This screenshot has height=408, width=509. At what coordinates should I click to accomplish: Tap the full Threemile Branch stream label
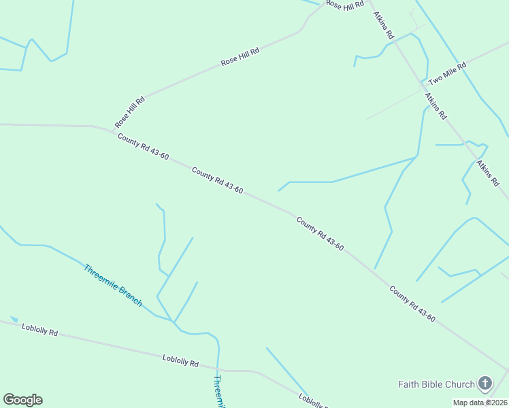click(x=113, y=285)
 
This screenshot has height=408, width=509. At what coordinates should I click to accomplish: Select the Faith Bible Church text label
click(x=436, y=384)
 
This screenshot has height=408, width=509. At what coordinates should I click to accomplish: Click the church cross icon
click(x=485, y=384)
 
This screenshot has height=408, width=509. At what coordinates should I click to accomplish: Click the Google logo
click(x=22, y=400)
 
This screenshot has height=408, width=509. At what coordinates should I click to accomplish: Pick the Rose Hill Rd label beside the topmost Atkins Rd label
click(x=345, y=5)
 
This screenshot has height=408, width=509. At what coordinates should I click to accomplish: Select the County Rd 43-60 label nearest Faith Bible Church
click(x=412, y=303)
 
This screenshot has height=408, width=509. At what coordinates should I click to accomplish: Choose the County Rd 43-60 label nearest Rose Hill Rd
click(x=143, y=147)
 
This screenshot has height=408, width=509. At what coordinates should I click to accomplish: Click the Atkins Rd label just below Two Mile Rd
click(x=436, y=107)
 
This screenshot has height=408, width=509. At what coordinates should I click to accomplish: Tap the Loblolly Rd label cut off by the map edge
click(x=314, y=401)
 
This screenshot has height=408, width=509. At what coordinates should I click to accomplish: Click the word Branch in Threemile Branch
click(x=127, y=296)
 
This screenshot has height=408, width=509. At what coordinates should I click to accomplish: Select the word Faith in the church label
click(x=407, y=384)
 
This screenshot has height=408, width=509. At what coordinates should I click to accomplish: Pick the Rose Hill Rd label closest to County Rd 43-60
click(x=130, y=112)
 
